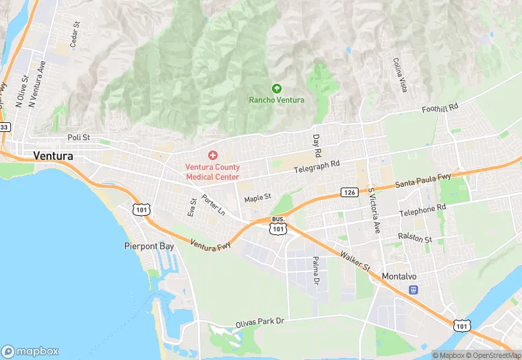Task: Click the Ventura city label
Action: point(53,156)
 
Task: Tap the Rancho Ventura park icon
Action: point(276,88)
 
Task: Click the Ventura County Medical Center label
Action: point(213,172)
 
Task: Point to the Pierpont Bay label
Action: point(149,245)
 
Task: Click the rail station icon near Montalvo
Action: point(413,289)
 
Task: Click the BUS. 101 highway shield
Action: point(277,225)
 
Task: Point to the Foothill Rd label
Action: point(440,109)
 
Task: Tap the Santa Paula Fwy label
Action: point(422,181)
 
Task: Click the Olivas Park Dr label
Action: point(260,320)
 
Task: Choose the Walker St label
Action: point(354,260)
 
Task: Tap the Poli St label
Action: point(79,137)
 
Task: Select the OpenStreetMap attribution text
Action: point(492,355)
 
